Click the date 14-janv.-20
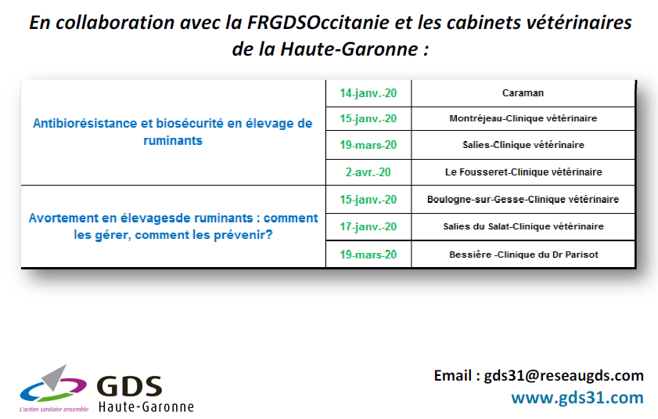click(368, 93)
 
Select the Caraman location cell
click(523, 93)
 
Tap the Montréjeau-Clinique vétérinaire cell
click(523, 118)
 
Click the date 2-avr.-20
click(368, 172)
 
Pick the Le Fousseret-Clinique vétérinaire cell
click(523, 172)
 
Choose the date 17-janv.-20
click(368, 226)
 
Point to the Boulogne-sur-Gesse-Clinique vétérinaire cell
click(523, 199)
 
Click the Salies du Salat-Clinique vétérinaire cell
click(523, 226)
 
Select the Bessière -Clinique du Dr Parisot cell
click(523, 255)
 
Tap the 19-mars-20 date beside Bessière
click(368, 255)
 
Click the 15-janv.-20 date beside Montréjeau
click(368, 118)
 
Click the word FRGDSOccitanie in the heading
click(318, 22)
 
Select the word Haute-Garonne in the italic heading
click(349, 49)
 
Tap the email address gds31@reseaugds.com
click(563, 375)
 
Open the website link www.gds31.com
click(577, 398)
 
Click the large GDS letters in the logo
click(129, 386)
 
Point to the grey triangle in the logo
click(55, 377)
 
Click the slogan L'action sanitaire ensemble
click(54, 409)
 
